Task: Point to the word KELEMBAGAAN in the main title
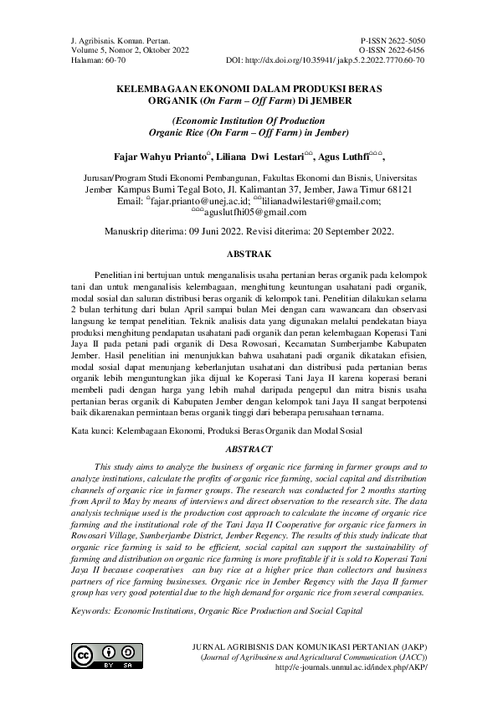tap(153, 86)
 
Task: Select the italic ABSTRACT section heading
tap(249, 450)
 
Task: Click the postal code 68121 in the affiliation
tap(408, 190)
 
